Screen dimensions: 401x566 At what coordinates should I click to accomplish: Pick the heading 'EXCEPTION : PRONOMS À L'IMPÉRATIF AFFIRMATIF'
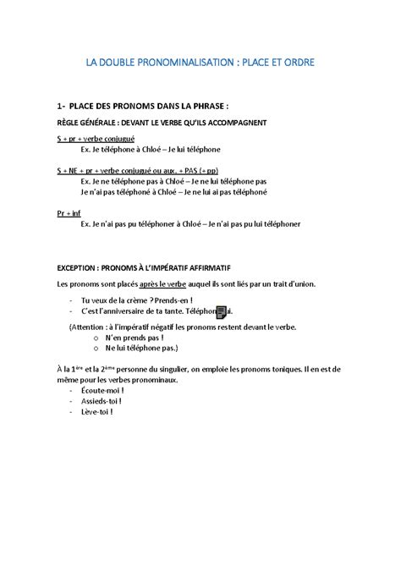149,267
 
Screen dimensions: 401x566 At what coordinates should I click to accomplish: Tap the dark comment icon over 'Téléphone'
222,312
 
